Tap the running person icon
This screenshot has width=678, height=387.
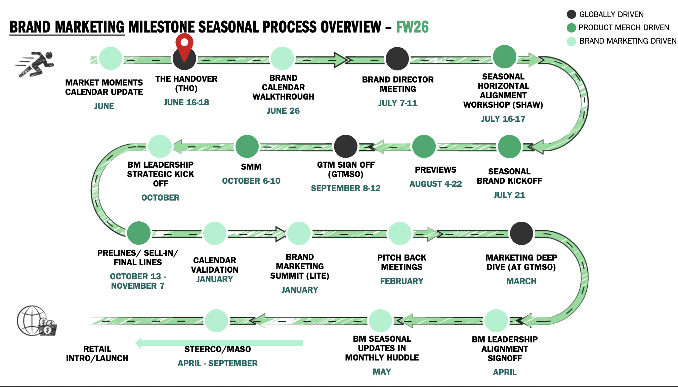35,64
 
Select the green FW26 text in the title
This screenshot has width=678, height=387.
412,27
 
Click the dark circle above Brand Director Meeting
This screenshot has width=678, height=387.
397,59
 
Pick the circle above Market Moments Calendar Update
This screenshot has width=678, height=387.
111,58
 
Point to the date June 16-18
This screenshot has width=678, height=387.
186,102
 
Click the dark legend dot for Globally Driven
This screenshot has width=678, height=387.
571,14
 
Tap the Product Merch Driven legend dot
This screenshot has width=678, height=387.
571,27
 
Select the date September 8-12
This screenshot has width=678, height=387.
345,188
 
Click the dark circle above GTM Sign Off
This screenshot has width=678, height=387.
345,146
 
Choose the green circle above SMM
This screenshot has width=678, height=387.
247,146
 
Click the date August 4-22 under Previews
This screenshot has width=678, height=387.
435,184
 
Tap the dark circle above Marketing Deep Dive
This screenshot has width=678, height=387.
521,233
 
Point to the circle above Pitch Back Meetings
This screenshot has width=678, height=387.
399,233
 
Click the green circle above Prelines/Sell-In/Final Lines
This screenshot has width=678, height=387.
138,233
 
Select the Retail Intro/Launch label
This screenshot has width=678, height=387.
97,353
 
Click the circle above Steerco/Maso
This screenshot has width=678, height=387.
217,321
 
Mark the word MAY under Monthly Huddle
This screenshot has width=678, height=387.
382,372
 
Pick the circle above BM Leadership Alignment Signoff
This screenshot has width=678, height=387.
496,321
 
